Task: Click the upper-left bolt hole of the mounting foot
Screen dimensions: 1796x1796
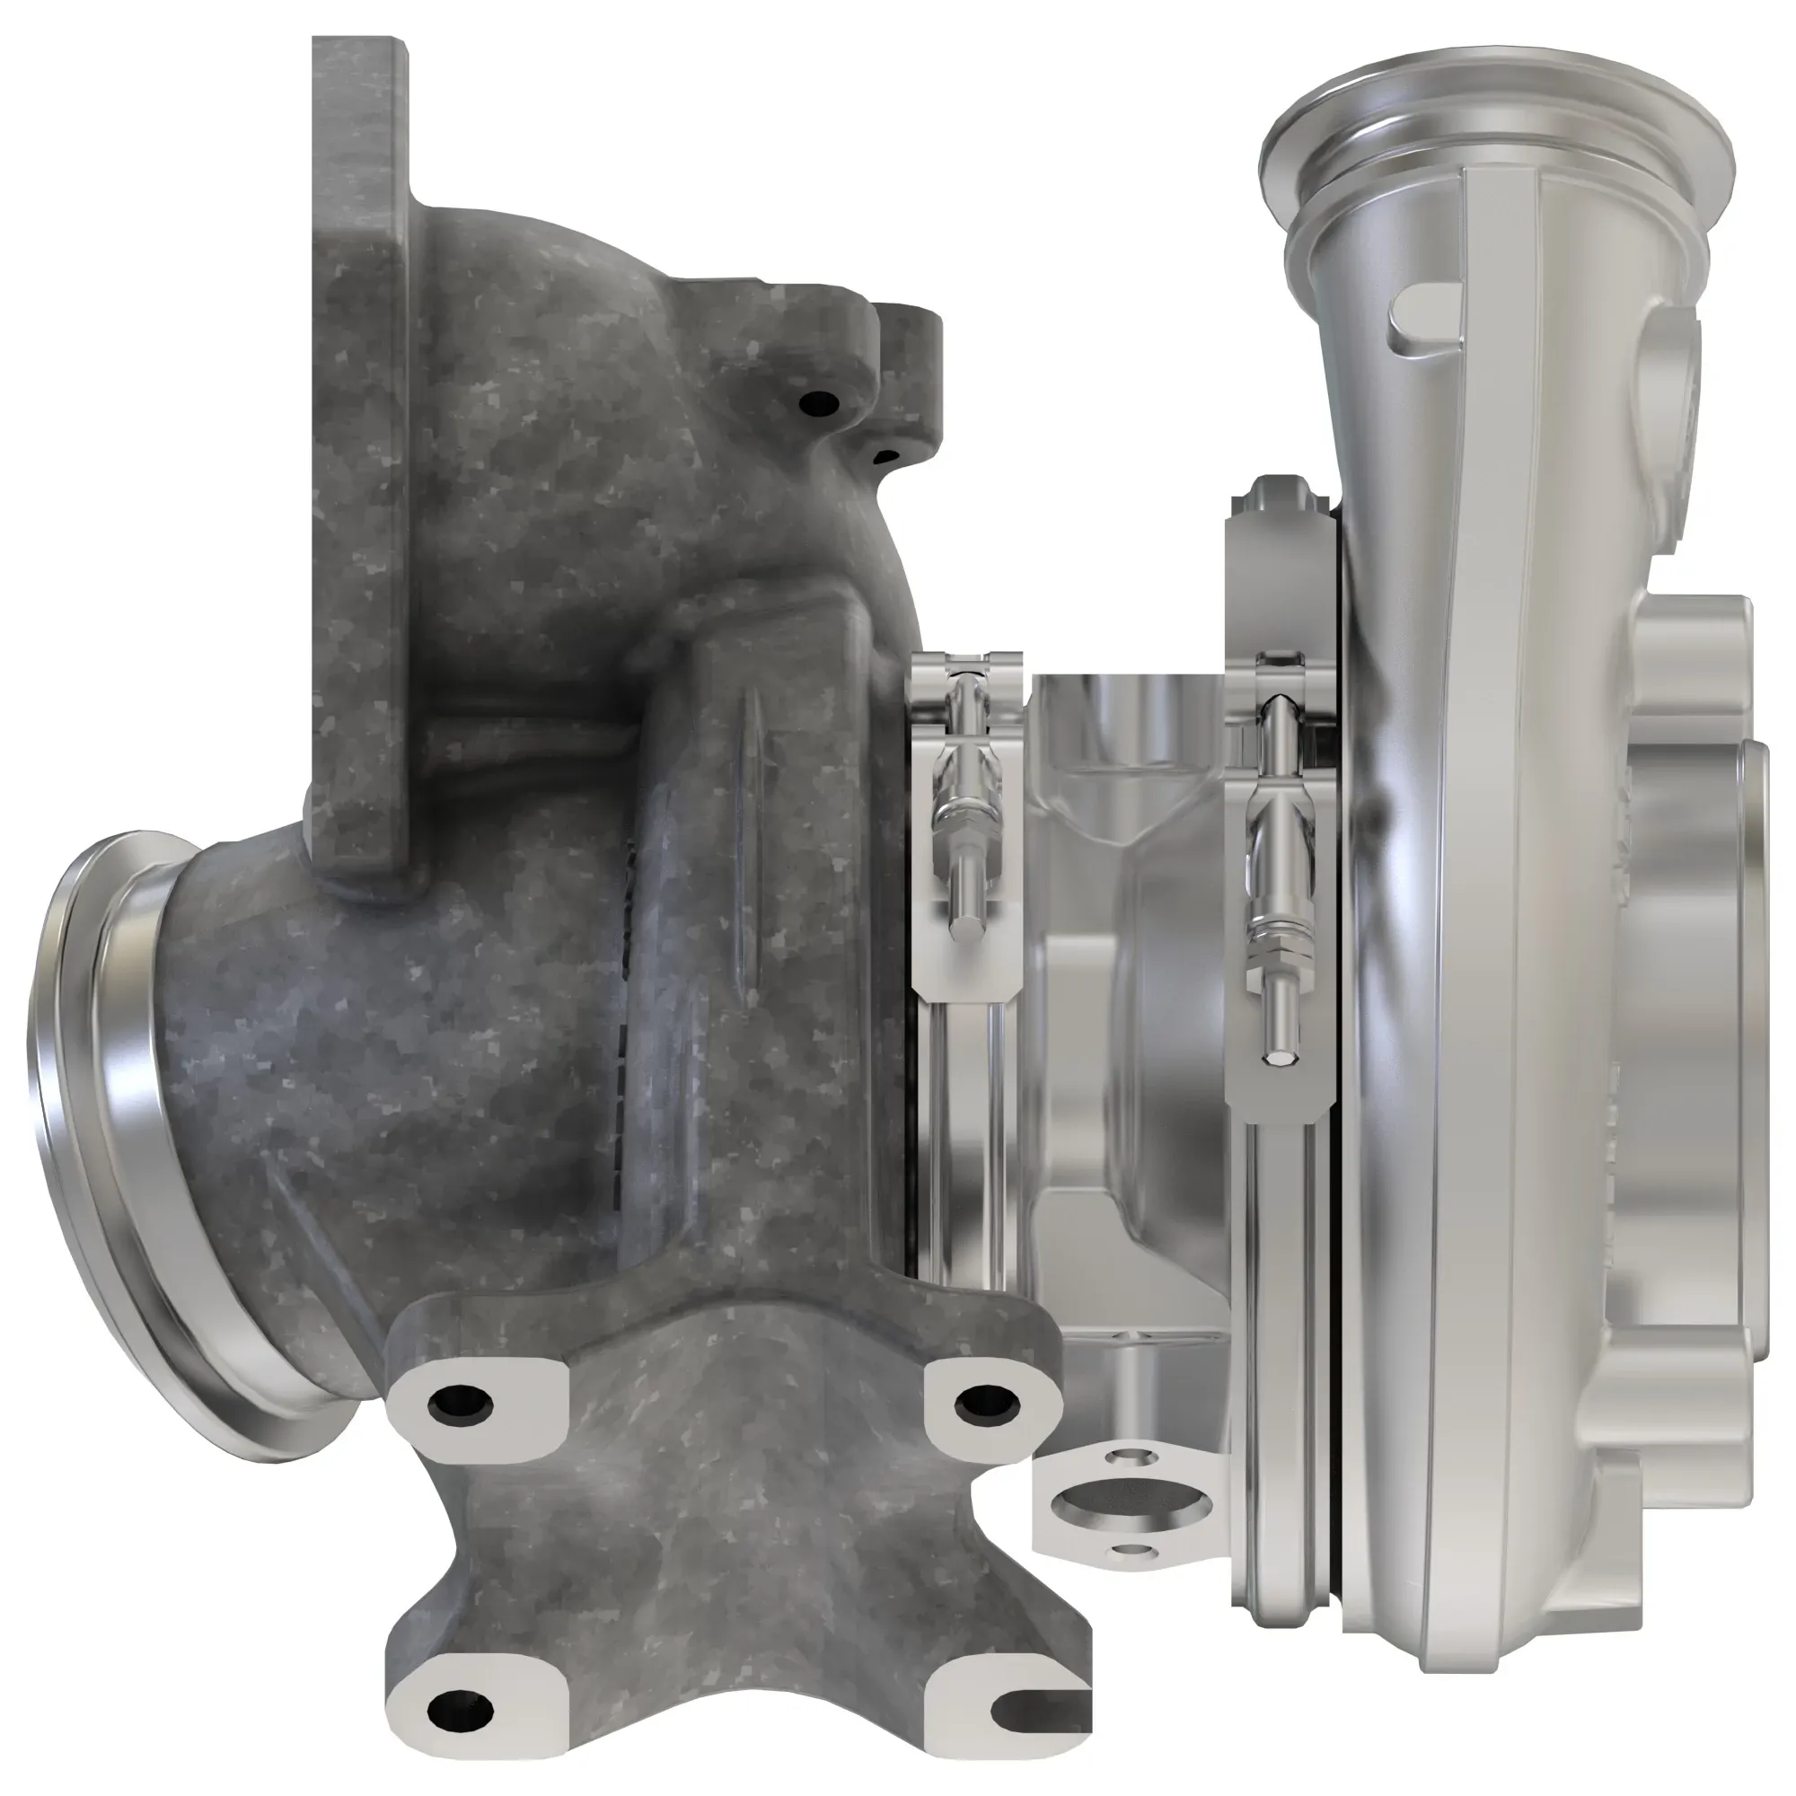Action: point(460,1405)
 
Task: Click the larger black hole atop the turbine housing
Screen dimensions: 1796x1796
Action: point(819,402)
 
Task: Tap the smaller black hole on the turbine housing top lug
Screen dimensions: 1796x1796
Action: point(887,455)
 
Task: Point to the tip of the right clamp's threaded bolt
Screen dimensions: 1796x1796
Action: point(1275,1056)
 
